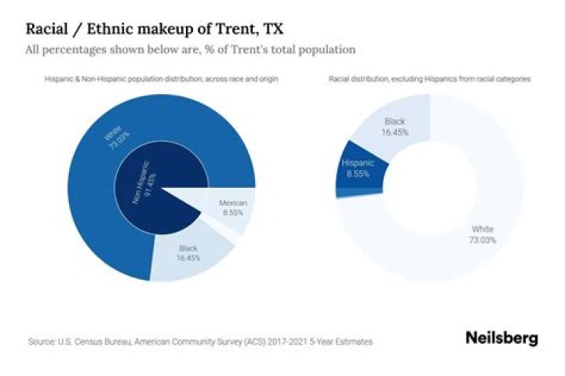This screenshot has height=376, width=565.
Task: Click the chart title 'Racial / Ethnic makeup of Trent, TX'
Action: (155, 29)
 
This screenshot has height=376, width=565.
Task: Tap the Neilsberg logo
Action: (501, 338)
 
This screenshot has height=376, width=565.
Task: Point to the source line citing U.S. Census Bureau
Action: (199, 342)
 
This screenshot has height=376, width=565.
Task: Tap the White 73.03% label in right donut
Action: (483, 234)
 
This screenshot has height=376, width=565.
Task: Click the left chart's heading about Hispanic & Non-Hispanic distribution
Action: (162, 79)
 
